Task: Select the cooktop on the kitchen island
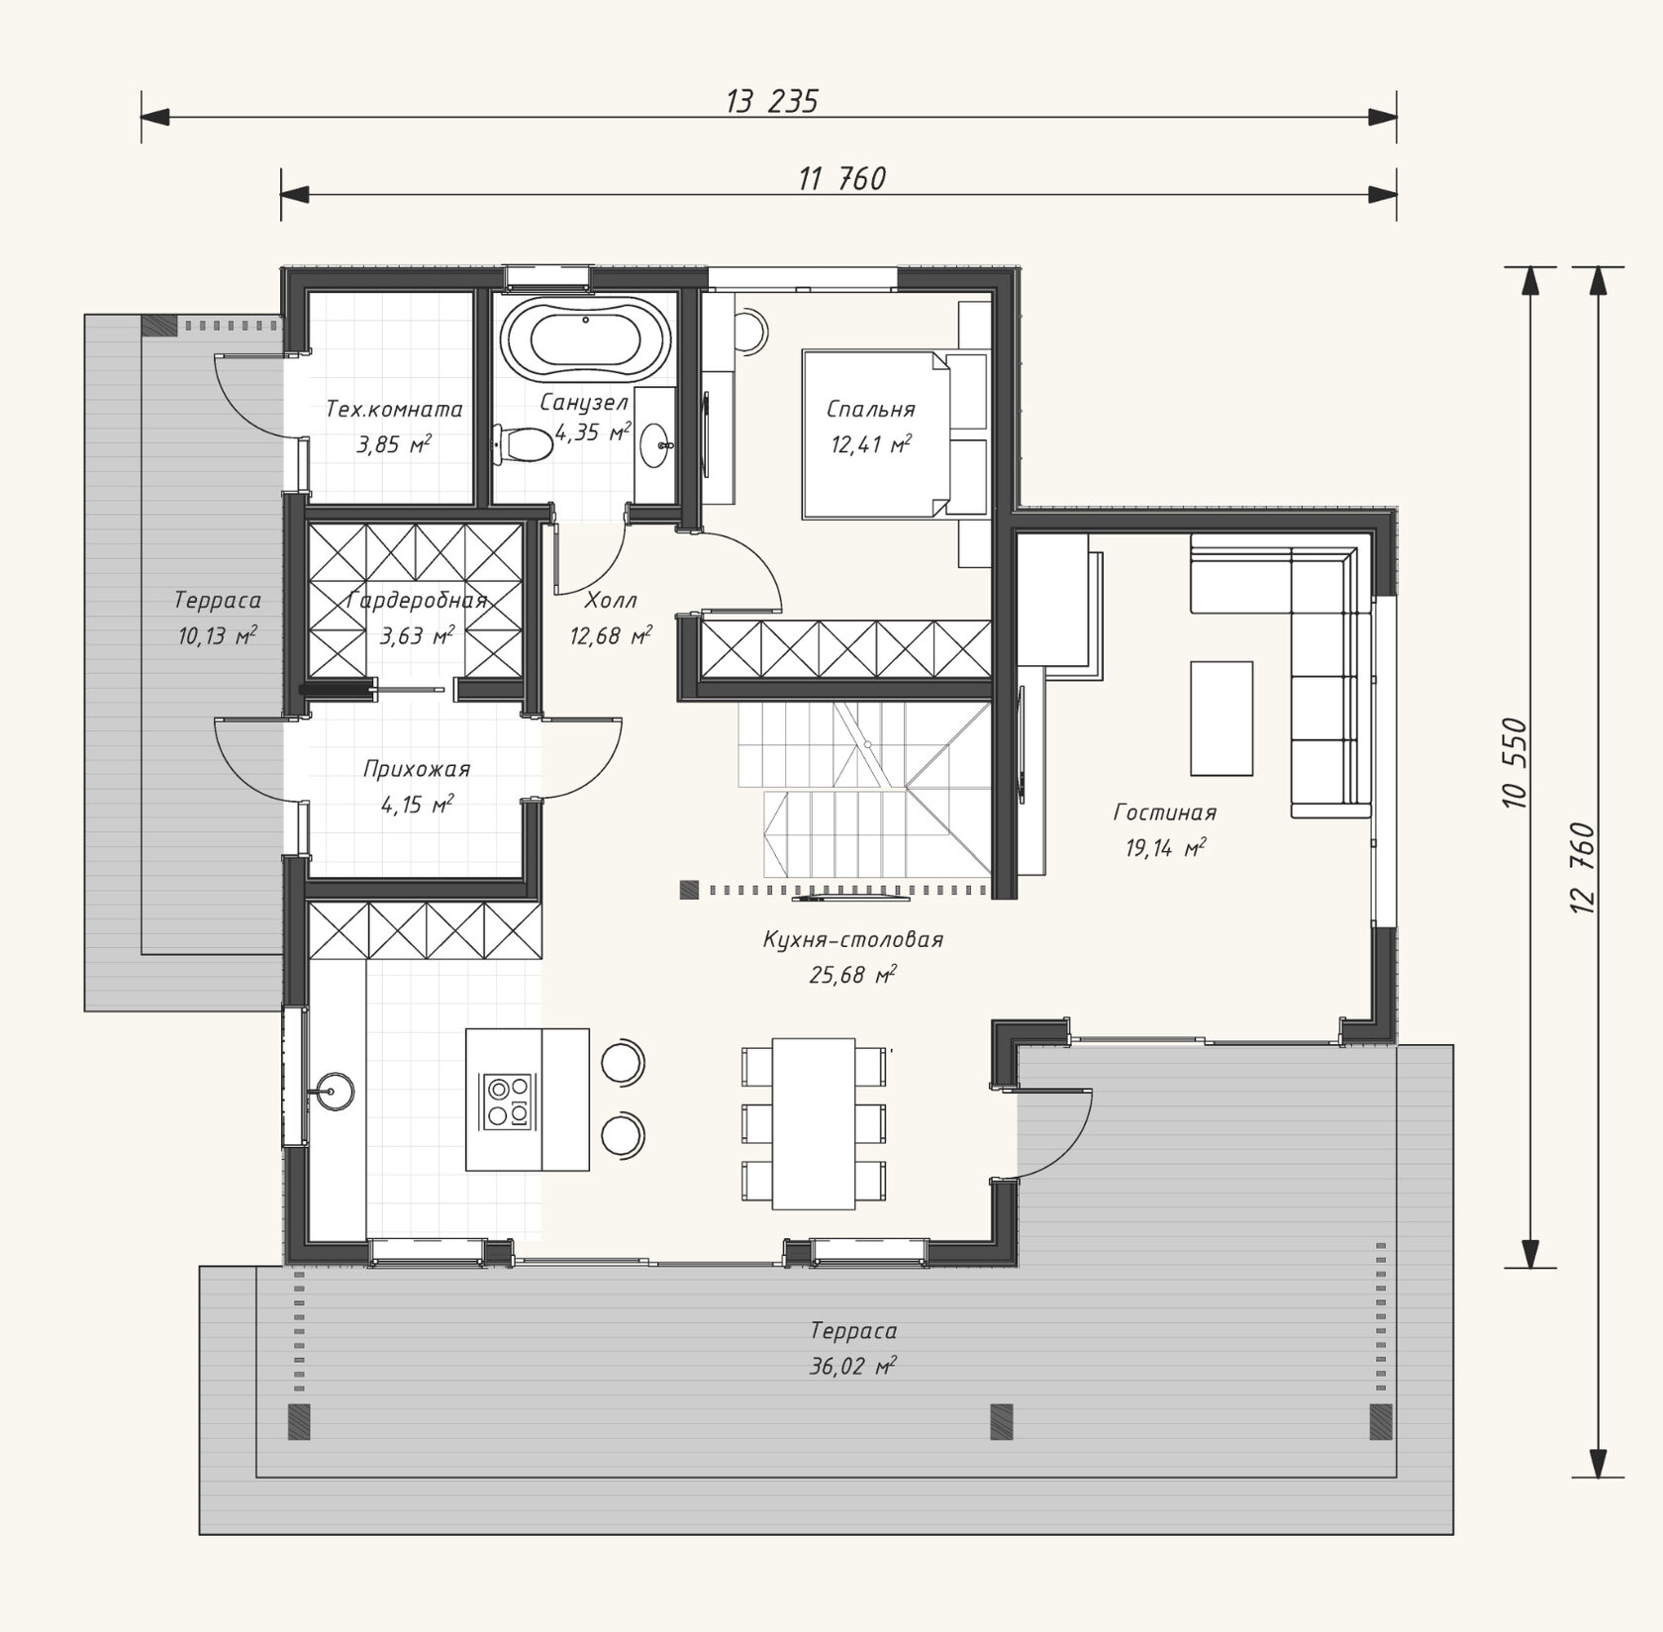[x=510, y=1102]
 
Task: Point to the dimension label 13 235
[x=772, y=101]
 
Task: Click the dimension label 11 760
[x=842, y=178]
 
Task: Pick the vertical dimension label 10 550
[x=1516, y=763]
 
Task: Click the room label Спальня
[x=871, y=409]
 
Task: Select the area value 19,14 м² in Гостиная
[x=1166, y=848]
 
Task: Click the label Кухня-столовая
[x=853, y=939]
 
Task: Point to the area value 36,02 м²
[x=853, y=1367]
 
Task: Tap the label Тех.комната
[x=394, y=409]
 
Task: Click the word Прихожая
[x=416, y=769]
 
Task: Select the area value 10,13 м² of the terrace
[x=218, y=635]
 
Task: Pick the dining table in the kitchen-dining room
[x=814, y=1123]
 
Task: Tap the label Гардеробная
[x=418, y=601]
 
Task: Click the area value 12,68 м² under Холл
[x=611, y=635]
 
